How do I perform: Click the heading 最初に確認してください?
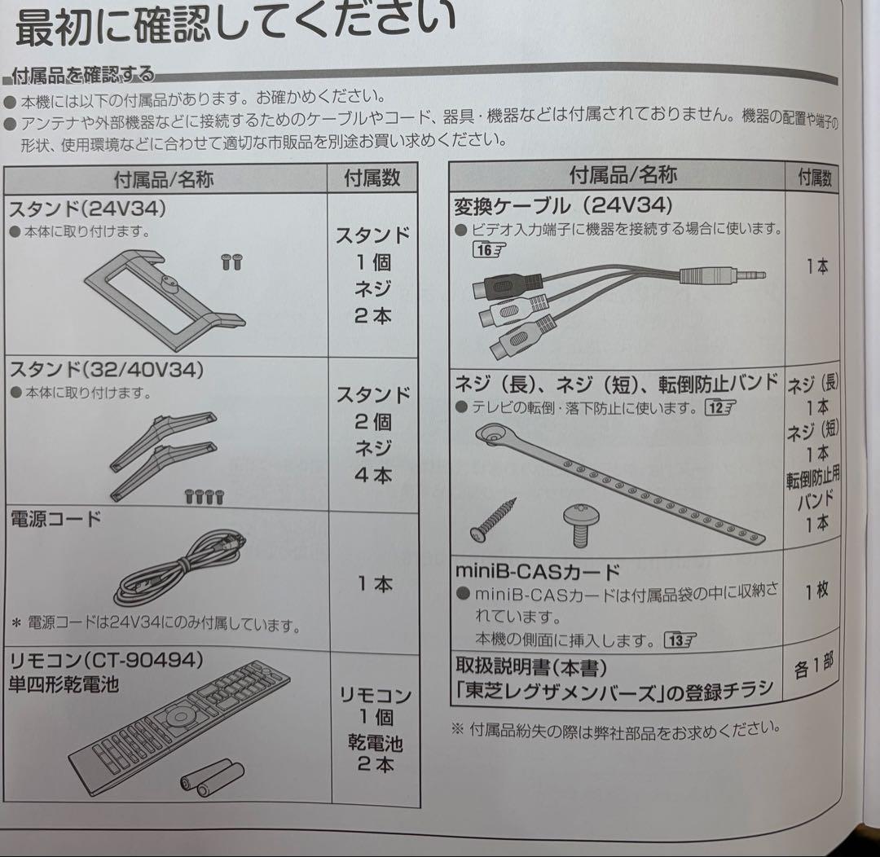click(235, 24)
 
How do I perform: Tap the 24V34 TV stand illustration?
click(165, 294)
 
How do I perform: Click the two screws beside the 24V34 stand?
click(231, 261)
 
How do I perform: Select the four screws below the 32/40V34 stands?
click(205, 497)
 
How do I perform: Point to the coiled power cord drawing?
click(179, 567)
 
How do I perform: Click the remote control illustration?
click(179, 727)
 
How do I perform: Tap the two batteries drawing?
click(212, 776)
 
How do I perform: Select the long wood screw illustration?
click(493, 520)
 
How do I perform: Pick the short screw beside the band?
click(582, 524)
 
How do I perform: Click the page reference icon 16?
click(488, 250)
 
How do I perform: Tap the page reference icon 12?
click(720, 407)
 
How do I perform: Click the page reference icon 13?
click(680, 639)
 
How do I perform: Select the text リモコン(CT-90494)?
click(106, 661)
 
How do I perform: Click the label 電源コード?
click(55, 519)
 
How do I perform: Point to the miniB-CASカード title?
click(538, 571)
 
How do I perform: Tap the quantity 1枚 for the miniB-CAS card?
click(816, 591)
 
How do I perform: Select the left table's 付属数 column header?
click(372, 178)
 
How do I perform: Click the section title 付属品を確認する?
click(82, 75)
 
